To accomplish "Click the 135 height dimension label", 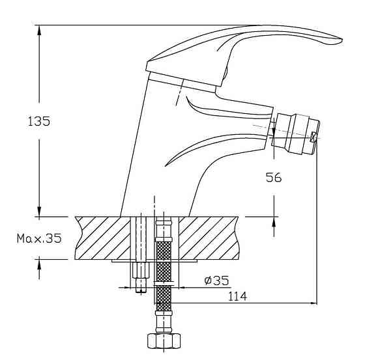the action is (x=39, y=121).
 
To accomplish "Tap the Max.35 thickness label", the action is (x=39, y=238).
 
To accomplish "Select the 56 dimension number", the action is (x=274, y=178).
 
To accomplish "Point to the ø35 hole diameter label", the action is (x=216, y=281).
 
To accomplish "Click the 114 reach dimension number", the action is (x=237, y=296).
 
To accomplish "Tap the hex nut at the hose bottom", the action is (x=164, y=340).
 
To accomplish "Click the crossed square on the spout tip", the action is (x=314, y=137).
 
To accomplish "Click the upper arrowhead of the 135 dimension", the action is (x=39, y=30).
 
